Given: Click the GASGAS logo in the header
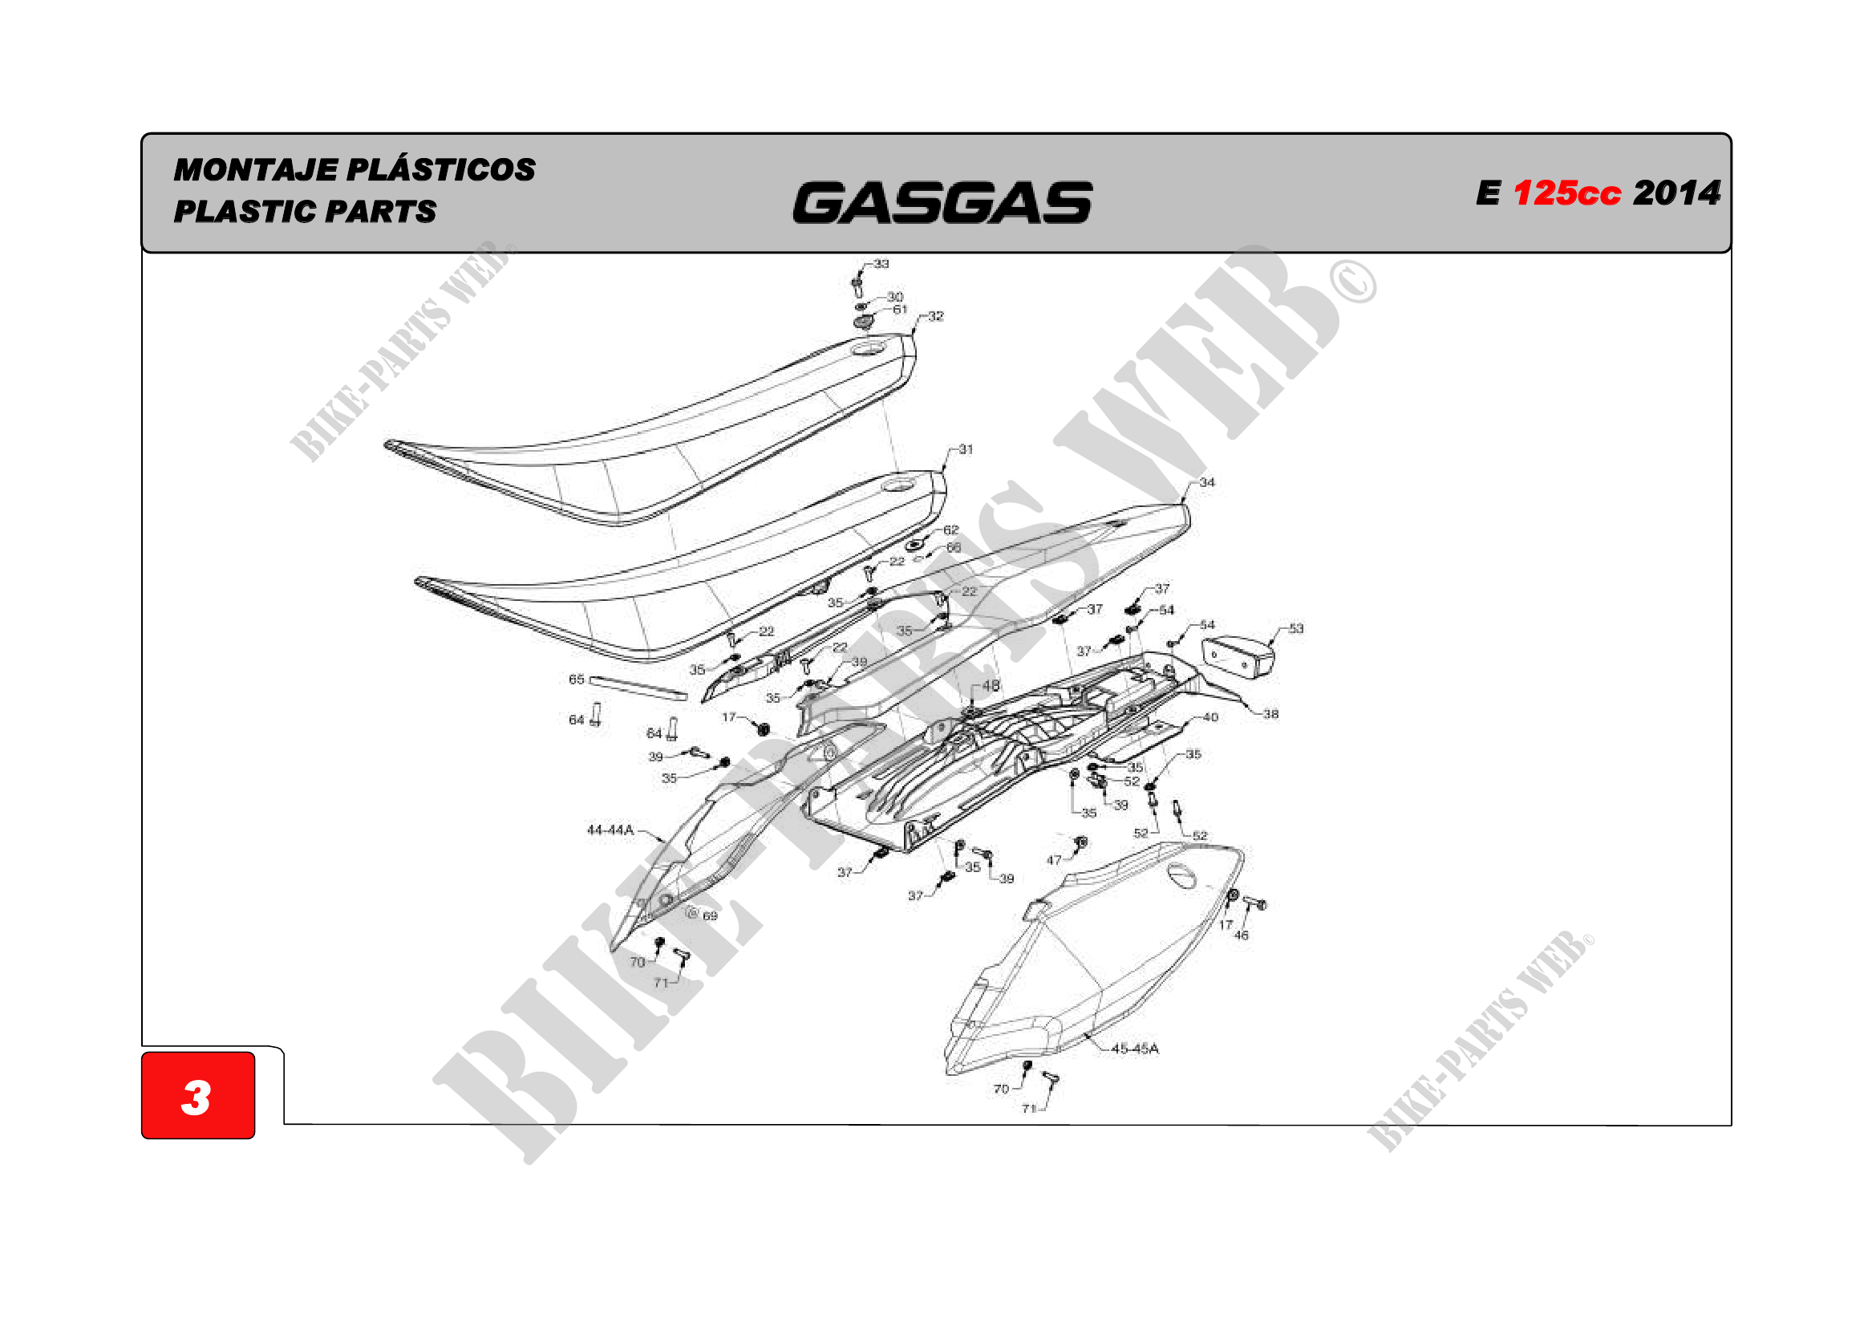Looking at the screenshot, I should tap(942, 203).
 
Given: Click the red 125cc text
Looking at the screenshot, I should tap(1566, 193).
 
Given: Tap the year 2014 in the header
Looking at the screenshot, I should tap(1676, 193).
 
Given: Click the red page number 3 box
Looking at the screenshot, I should tap(198, 1095).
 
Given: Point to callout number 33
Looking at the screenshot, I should tap(881, 264).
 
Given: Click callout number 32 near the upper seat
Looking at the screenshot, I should tap(935, 316).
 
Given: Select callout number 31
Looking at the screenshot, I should tap(966, 449).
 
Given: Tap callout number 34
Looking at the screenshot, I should tap(1207, 483).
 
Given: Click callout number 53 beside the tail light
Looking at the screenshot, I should tap(1296, 628).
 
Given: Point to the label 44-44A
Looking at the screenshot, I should tap(610, 830).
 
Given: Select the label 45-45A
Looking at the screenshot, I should tap(1135, 1049).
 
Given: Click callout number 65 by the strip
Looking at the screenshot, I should tap(577, 679).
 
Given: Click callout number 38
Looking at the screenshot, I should tap(1270, 714).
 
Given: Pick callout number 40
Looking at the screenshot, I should tap(1210, 717).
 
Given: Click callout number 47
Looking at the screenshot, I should tap(1054, 859).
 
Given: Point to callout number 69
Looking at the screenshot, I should tap(710, 916).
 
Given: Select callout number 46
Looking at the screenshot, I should tap(1241, 935).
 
